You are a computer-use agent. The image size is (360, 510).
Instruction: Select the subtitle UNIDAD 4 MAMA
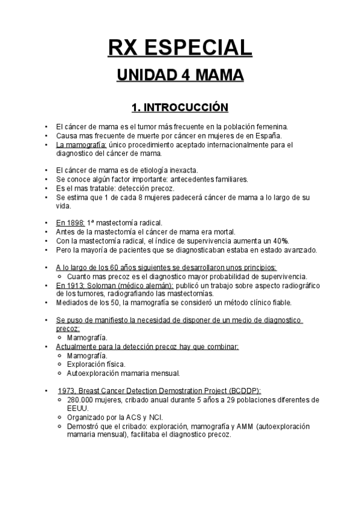(180, 76)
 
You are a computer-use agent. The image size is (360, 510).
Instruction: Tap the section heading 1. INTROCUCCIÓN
(180, 108)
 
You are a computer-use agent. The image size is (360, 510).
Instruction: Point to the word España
(268, 136)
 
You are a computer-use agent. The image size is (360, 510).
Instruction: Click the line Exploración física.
(96, 364)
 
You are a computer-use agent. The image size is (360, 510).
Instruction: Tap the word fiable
(278, 303)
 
